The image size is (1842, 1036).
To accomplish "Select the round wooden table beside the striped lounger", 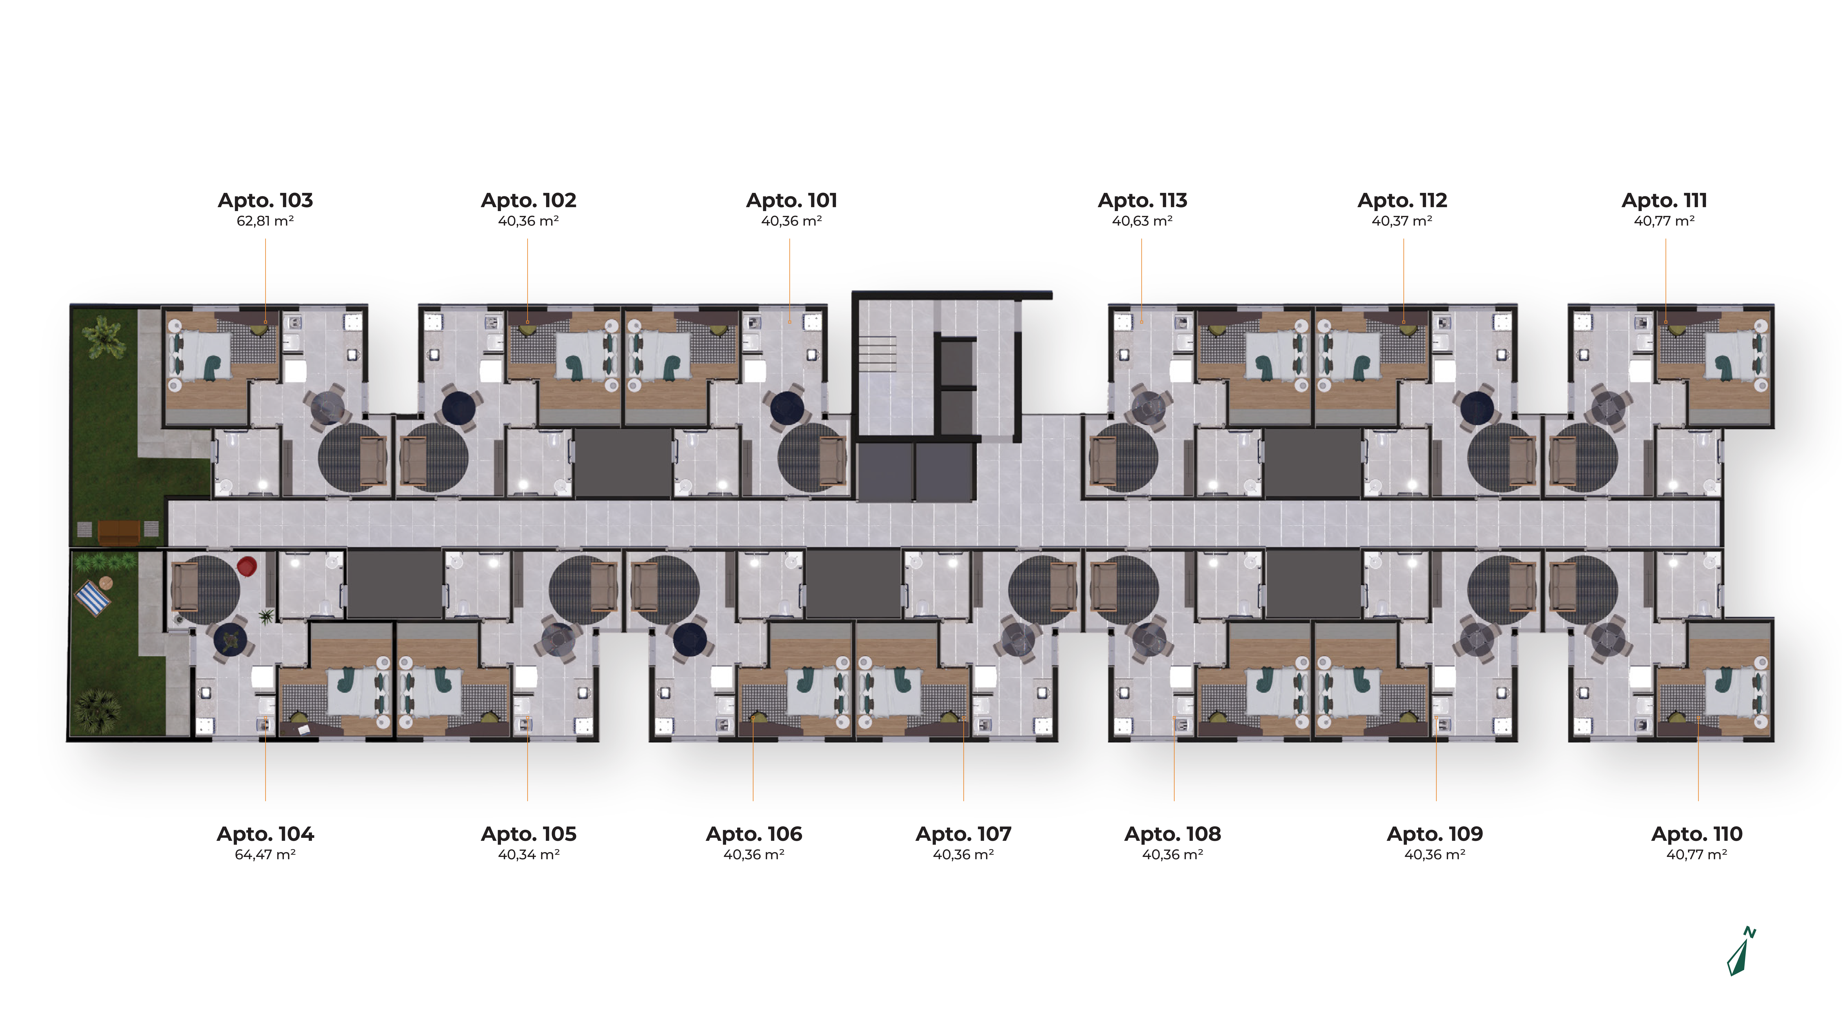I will click(x=106, y=582).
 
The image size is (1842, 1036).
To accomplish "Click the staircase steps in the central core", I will click(x=877, y=350).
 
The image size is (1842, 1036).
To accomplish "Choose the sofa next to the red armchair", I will click(x=185, y=588).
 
